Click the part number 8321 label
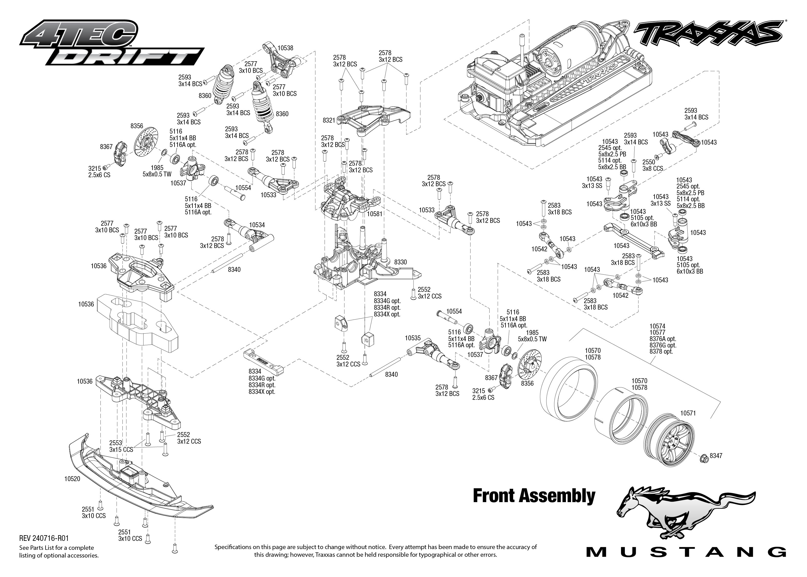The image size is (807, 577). [x=329, y=121]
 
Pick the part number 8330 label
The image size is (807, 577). [x=400, y=262]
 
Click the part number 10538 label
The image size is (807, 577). [x=285, y=48]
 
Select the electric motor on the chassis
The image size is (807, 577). [x=564, y=50]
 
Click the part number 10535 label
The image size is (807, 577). [x=413, y=338]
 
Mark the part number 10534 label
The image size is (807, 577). [x=257, y=225]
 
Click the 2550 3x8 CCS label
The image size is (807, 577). [x=652, y=165]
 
